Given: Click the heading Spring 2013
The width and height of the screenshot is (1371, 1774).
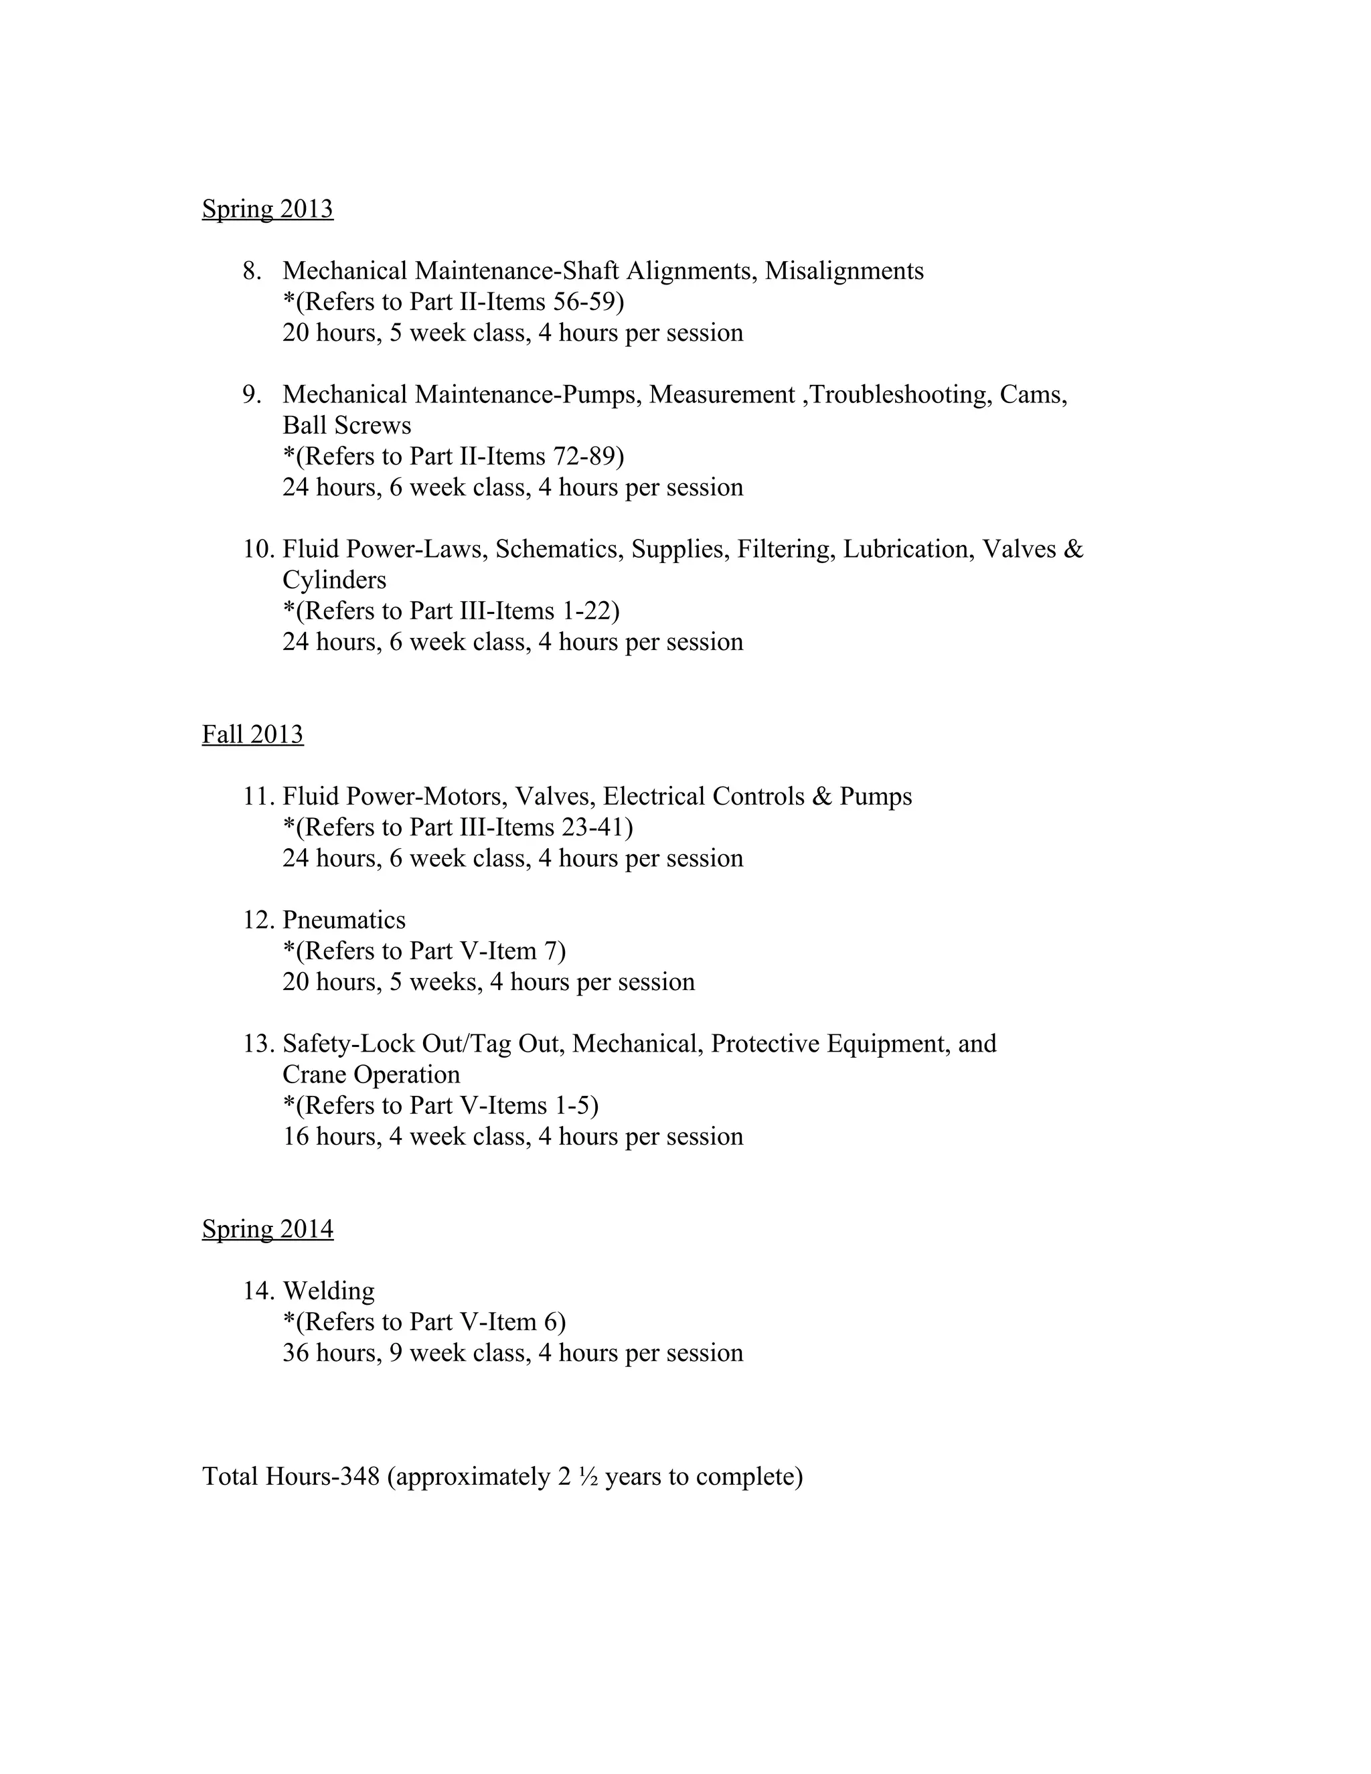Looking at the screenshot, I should (267, 209).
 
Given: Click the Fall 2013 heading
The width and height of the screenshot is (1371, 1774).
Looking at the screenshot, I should (252, 734).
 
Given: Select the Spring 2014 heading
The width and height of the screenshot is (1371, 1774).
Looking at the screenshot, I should (267, 1229).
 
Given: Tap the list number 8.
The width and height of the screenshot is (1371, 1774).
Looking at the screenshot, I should (252, 270).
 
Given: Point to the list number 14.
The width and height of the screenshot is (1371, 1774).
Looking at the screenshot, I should (259, 1291).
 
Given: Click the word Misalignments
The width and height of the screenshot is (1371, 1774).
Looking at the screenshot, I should (844, 270).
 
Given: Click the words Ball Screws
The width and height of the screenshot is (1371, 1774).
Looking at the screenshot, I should (347, 425).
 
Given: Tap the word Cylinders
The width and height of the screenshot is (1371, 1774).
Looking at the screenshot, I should (335, 580).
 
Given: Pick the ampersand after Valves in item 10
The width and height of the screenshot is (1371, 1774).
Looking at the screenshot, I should (1073, 549).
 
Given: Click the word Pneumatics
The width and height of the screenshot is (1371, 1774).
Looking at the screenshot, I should (343, 920).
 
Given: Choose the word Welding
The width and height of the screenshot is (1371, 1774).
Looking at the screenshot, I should (329, 1291).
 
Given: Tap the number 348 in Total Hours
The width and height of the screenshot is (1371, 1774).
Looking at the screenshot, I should (359, 1476).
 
